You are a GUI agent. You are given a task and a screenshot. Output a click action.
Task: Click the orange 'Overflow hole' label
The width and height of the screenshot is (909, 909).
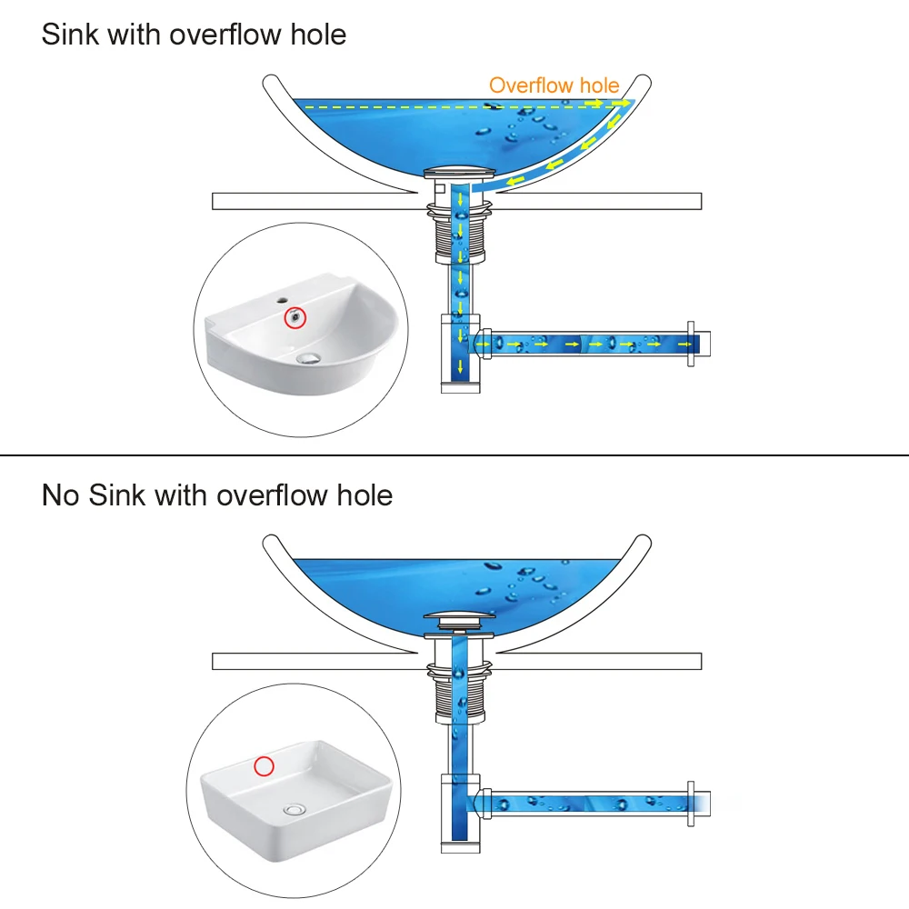(x=554, y=85)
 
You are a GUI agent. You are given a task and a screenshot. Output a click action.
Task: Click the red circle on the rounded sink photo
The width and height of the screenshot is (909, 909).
(x=295, y=318)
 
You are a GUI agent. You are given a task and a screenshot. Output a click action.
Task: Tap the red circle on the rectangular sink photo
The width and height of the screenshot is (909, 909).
(x=264, y=766)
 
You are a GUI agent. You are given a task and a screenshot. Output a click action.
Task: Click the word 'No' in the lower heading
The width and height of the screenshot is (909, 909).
(x=62, y=495)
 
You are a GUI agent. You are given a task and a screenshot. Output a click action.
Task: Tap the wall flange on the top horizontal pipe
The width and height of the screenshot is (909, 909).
(x=691, y=344)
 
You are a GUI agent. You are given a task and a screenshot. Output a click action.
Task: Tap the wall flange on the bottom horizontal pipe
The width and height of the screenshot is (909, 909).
(x=691, y=802)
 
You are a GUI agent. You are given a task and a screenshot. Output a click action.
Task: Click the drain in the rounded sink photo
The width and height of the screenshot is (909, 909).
(x=309, y=357)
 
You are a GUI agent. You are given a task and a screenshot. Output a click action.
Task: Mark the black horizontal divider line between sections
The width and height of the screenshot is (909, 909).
(x=454, y=454)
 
